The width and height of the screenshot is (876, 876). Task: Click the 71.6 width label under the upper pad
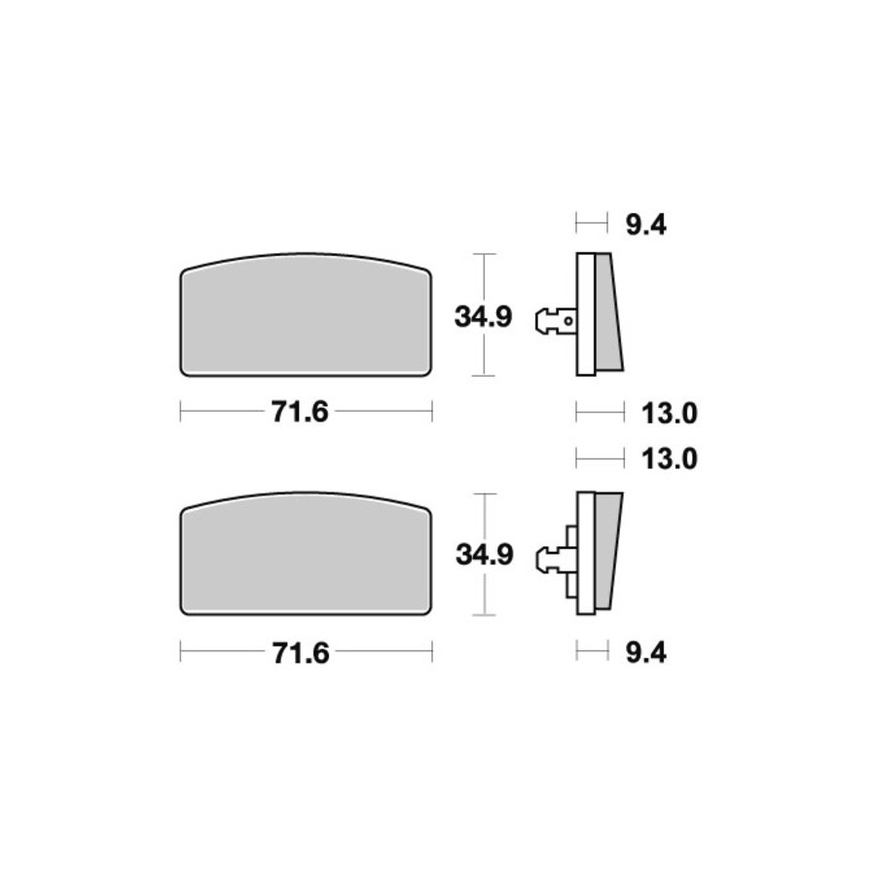pos(300,413)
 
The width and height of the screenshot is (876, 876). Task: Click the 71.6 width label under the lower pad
pos(301,653)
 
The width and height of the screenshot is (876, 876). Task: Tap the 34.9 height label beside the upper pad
pos(483,317)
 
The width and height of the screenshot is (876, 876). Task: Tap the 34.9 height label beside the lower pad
pos(485,555)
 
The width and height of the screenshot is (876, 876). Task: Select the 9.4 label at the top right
pos(646,226)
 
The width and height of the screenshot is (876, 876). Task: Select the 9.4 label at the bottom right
pos(646,652)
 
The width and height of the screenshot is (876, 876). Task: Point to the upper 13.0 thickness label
pos(670,414)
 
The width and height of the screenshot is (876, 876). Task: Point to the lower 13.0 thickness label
pos(670,459)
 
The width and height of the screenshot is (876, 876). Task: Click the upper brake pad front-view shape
pos(306,314)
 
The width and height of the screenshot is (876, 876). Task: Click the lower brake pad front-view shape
pos(306,554)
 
